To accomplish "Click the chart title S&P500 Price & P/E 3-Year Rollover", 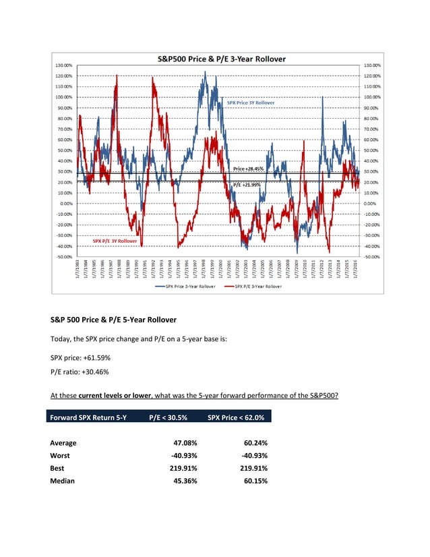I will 216,58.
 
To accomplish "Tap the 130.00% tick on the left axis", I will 64,65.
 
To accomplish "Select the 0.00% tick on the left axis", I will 66,204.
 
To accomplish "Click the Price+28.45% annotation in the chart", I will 247,169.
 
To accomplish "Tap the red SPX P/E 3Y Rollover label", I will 115,241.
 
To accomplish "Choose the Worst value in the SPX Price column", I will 249,456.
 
